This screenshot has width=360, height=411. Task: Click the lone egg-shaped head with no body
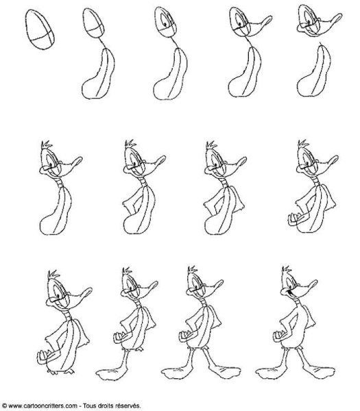[40, 29]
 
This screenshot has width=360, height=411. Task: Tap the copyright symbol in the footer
[4, 406]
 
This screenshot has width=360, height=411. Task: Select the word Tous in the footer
[89, 406]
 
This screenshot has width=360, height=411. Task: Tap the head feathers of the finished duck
[286, 269]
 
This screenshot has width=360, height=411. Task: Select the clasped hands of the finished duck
[278, 336]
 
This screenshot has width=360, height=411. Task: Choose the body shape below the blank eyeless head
[98, 74]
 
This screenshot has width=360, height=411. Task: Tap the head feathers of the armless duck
[47, 145]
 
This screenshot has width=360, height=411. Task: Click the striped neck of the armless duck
[60, 182]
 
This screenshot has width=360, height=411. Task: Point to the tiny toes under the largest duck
[60, 371]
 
